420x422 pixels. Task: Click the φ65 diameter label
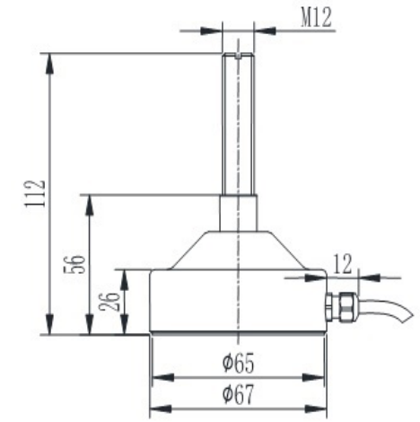[x=238, y=363]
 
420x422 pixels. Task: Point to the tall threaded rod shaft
[x=239, y=126]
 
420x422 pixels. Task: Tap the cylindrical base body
[x=239, y=301]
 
